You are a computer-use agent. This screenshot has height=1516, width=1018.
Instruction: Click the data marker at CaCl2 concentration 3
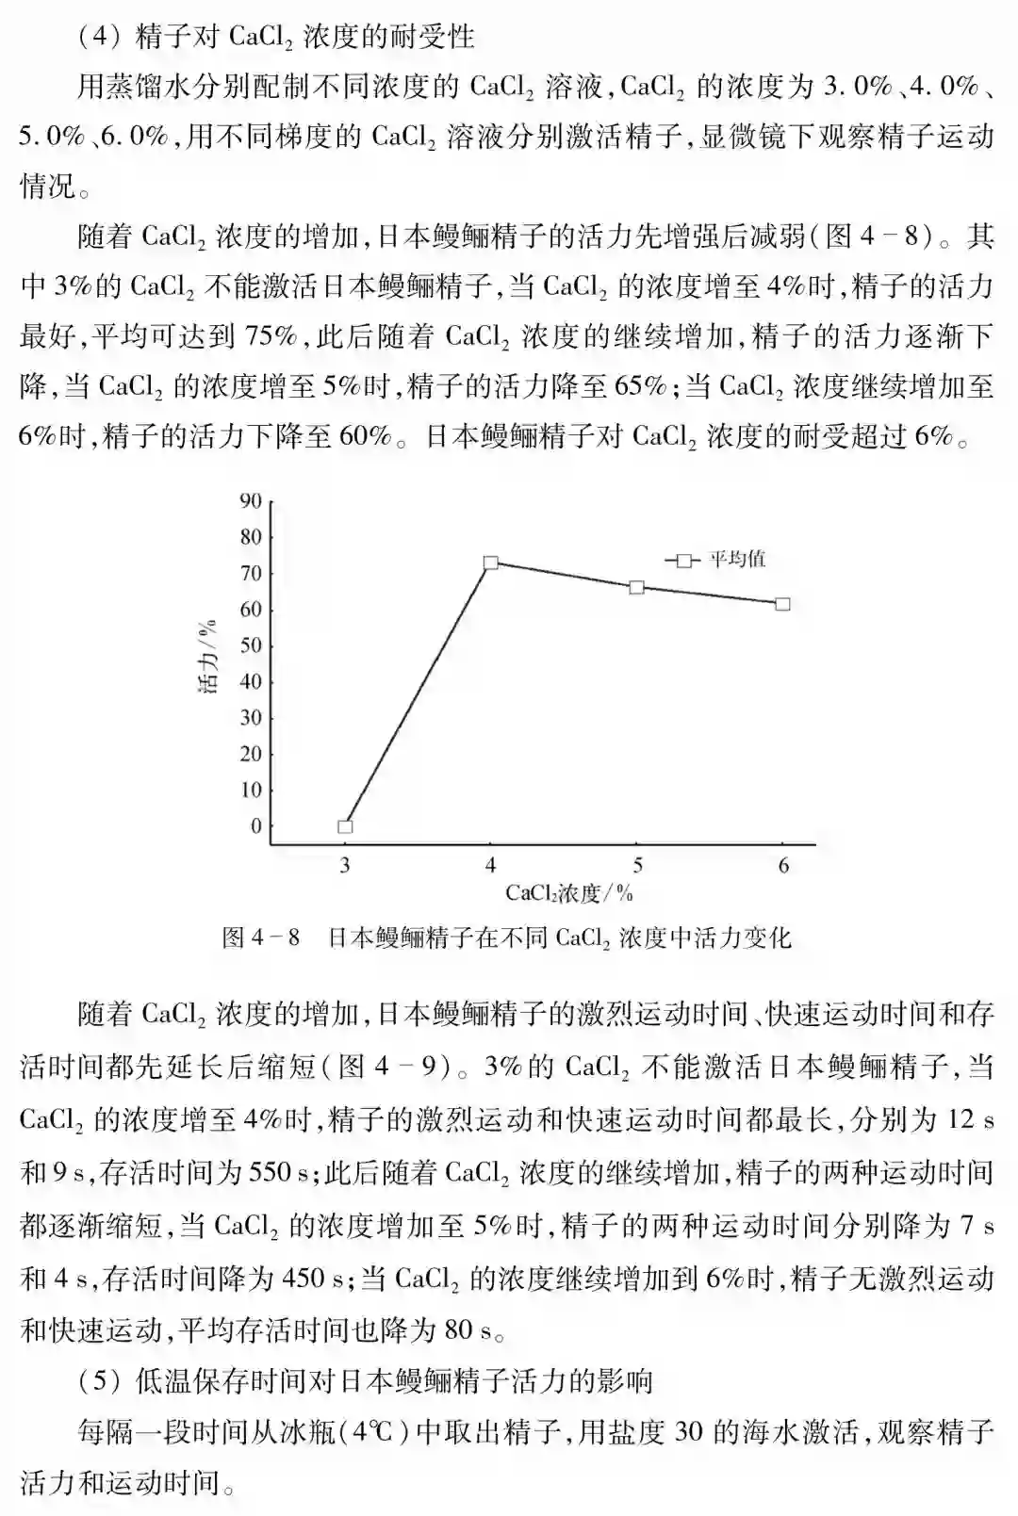[x=345, y=826]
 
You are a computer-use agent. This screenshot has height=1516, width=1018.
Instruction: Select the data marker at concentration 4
[x=490, y=562]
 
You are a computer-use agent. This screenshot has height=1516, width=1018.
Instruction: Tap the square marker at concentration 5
[x=637, y=587]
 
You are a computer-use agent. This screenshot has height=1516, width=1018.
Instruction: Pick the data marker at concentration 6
[x=783, y=603]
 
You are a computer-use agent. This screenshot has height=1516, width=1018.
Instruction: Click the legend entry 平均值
[x=736, y=560]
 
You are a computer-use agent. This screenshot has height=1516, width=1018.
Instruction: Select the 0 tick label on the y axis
[x=254, y=826]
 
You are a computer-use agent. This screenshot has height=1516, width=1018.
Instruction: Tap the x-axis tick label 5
[x=637, y=865]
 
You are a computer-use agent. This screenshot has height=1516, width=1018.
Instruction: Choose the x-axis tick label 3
[x=345, y=865]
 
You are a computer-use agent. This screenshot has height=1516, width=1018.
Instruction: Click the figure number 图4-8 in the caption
[x=260, y=937]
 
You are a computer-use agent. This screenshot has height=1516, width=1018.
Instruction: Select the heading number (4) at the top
[x=97, y=37]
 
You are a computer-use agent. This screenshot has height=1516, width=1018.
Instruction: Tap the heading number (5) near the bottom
[x=97, y=1381]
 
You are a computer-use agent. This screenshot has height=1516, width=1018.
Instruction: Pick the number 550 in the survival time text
[x=269, y=1173]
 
